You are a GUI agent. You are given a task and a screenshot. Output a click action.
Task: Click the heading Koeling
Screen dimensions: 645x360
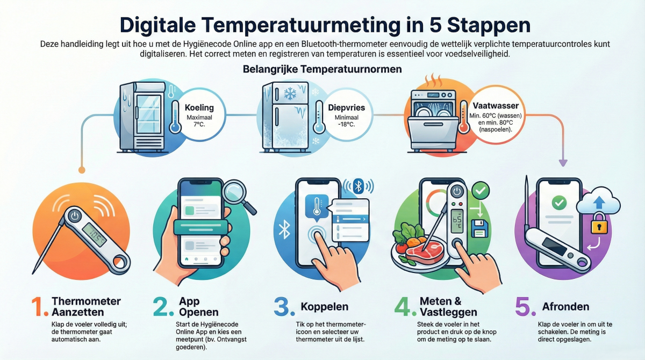[x=199, y=107]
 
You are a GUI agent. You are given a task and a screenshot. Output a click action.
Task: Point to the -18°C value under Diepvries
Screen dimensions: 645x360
[x=346, y=125]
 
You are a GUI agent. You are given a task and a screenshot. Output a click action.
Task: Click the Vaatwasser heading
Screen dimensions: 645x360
[x=496, y=106]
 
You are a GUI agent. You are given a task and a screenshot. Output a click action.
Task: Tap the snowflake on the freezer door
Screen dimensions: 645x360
[x=290, y=94]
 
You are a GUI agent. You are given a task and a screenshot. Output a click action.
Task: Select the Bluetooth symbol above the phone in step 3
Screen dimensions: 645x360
[x=358, y=186]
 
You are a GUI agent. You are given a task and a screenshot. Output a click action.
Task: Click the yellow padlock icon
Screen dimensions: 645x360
[x=599, y=224]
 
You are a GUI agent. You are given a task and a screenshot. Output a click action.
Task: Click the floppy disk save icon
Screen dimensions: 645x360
[x=479, y=228]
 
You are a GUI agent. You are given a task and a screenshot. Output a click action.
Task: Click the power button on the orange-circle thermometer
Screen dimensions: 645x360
[x=75, y=215]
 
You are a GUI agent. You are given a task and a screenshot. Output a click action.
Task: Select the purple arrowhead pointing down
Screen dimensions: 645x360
[x=563, y=163]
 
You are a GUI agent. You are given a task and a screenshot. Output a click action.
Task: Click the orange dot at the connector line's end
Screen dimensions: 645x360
[x=82, y=170]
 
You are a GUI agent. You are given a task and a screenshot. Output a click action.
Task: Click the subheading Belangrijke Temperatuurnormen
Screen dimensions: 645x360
[x=322, y=69]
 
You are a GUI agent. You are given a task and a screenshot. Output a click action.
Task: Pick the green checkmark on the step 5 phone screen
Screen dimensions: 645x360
[x=559, y=203]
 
